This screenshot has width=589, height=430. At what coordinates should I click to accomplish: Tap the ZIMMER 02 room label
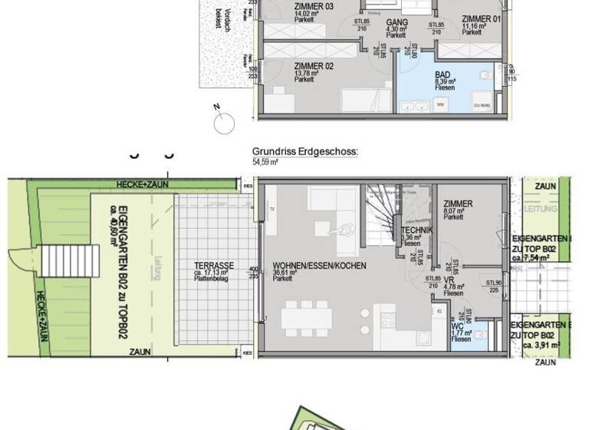click(x=314, y=66)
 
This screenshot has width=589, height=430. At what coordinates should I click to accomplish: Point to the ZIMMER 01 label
click(x=480, y=19)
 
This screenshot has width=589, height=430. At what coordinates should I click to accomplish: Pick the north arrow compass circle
click(x=225, y=122)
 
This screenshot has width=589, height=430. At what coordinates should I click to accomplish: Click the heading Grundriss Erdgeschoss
click(x=304, y=153)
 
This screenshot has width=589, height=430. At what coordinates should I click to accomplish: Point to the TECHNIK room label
click(x=416, y=230)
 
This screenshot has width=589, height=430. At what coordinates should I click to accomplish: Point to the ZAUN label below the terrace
click(x=139, y=352)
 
